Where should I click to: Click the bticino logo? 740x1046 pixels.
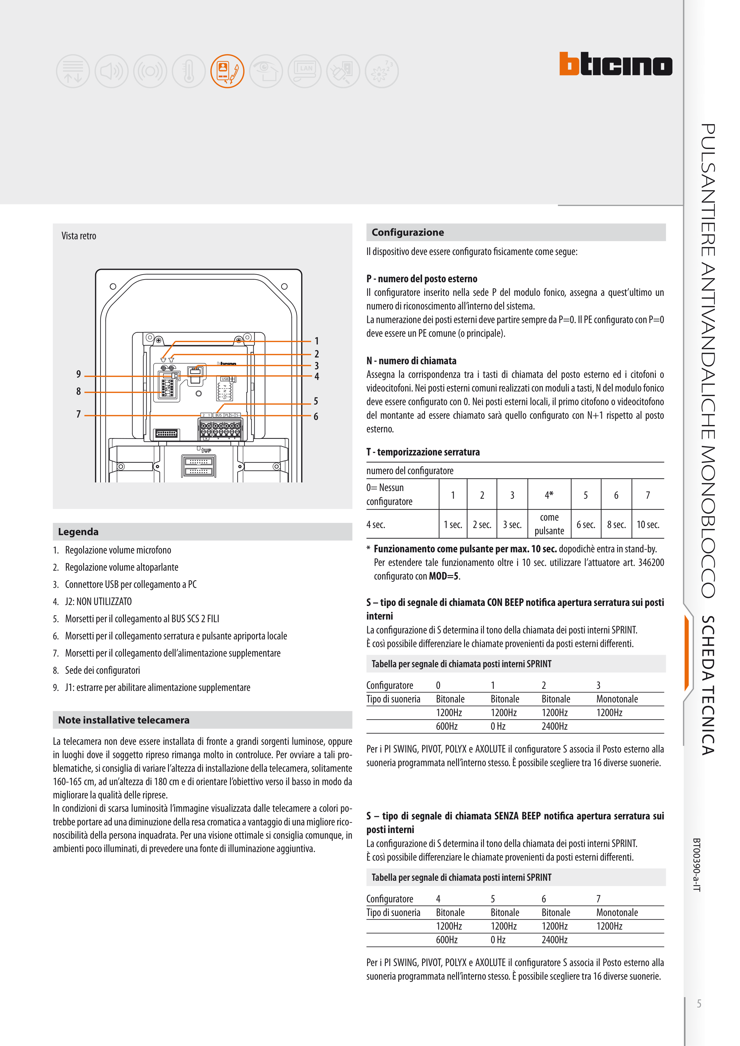click(x=616, y=64)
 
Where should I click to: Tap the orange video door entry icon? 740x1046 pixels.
click(x=227, y=71)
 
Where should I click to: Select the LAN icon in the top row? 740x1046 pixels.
click(x=305, y=71)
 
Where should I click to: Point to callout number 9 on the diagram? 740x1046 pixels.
click(x=79, y=374)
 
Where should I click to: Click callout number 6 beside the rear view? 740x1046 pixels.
click(x=316, y=416)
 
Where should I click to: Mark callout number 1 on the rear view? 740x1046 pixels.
click(x=317, y=341)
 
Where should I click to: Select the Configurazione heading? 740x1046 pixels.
click(x=407, y=232)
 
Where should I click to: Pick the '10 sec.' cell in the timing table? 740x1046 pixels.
click(x=648, y=525)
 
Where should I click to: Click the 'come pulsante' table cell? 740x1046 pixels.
click(x=549, y=524)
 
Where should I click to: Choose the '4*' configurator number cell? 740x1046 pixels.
click(x=549, y=495)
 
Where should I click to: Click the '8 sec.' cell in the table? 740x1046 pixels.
click(x=616, y=525)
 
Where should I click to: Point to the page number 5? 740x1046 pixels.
click(x=699, y=1004)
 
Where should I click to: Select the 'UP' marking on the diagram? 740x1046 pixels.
click(x=207, y=450)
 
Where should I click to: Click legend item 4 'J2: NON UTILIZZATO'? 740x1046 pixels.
click(x=98, y=601)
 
